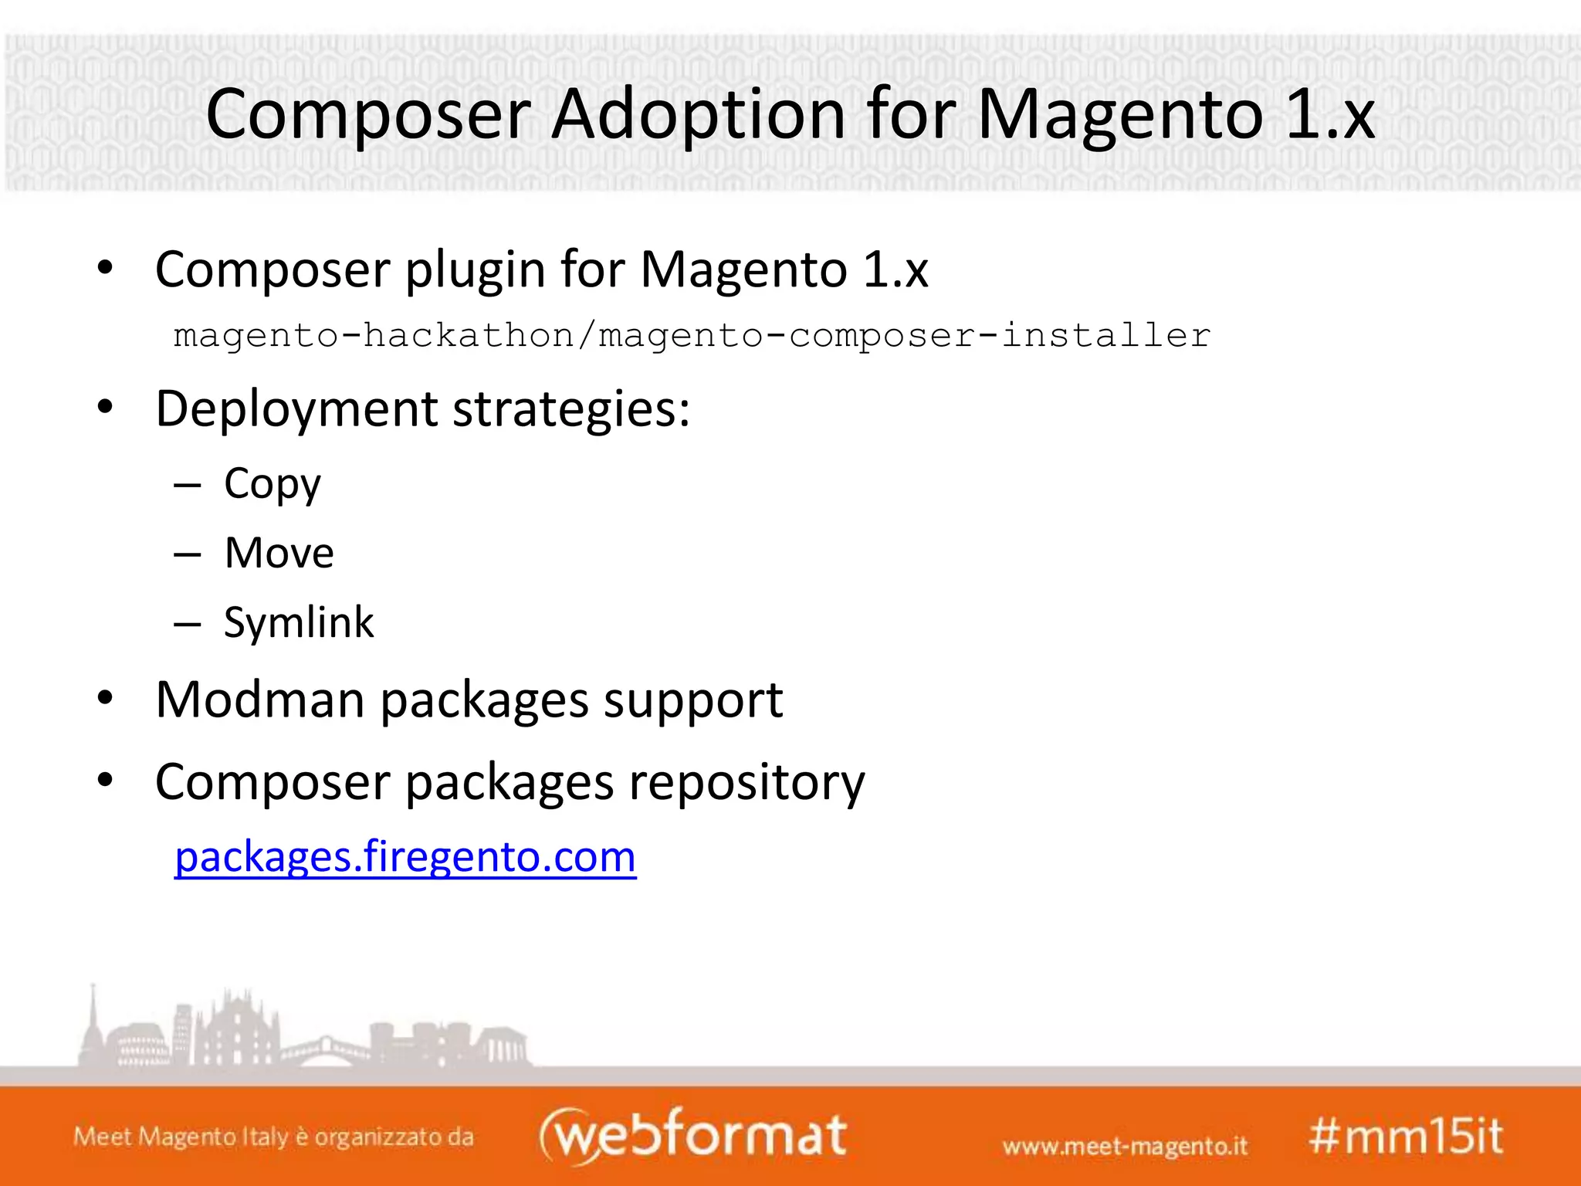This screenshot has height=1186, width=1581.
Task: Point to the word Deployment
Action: coord(296,408)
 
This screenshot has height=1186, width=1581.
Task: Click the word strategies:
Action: coord(571,408)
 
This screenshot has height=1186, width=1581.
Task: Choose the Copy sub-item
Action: coord(272,484)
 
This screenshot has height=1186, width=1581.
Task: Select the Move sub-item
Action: coord(279,553)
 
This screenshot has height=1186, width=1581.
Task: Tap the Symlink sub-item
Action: coord(298,622)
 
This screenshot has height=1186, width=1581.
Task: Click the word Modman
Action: coord(259,700)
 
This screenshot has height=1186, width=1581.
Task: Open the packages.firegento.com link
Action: coord(405,856)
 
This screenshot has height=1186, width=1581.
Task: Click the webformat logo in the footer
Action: coord(692,1135)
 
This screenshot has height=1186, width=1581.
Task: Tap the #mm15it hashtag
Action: coord(1406,1137)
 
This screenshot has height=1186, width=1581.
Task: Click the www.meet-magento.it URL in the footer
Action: coord(1125,1145)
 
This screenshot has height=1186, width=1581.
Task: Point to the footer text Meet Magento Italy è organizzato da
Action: coord(273,1137)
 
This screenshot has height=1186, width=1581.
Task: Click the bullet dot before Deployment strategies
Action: coord(105,407)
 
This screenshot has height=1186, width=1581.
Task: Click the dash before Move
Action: coord(188,554)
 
